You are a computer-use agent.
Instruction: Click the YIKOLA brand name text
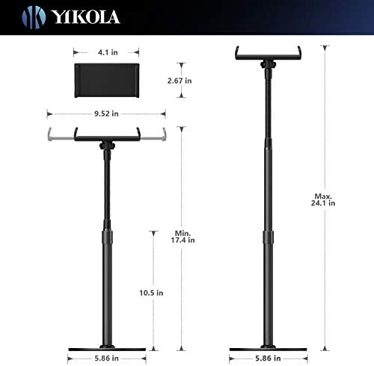click(x=86, y=17)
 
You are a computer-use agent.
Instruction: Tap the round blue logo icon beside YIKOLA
click(x=34, y=17)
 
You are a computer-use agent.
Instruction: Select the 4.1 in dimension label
click(x=108, y=52)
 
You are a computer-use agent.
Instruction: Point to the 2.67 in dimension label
click(x=180, y=81)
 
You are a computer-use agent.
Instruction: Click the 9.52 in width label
click(x=106, y=114)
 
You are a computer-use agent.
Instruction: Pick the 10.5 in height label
click(x=151, y=293)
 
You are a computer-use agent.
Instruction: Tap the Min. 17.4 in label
click(x=183, y=237)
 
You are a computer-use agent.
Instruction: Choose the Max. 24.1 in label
click(x=323, y=199)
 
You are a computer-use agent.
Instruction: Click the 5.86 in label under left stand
click(x=106, y=359)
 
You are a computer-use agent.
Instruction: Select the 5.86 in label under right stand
click(x=268, y=359)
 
